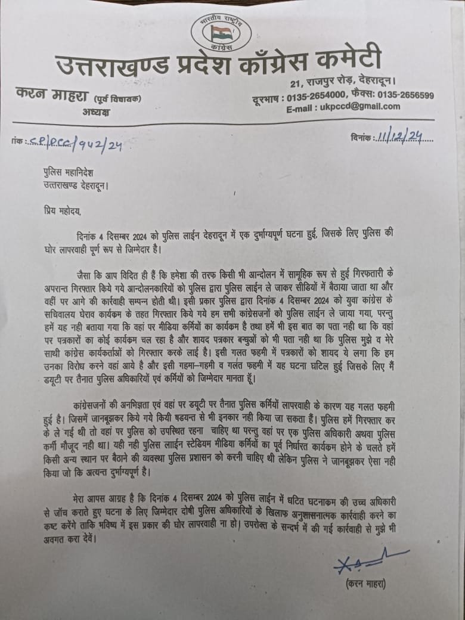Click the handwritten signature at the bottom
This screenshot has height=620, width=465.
(x=367, y=563)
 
